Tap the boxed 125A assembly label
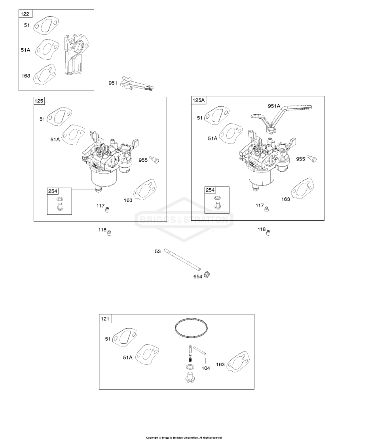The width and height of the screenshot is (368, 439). click(x=199, y=100)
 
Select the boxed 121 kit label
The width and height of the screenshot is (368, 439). click(x=105, y=319)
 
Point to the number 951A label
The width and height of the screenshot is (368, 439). click(x=274, y=106)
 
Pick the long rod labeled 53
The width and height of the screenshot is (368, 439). click(x=182, y=259)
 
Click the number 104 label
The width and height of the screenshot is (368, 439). click(x=206, y=368)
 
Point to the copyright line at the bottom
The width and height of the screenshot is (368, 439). click(x=184, y=437)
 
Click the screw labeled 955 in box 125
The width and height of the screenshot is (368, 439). click(x=154, y=159)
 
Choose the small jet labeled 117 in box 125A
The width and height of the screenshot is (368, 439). click(x=267, y=208)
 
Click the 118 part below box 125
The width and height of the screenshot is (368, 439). click(x=109, y=233)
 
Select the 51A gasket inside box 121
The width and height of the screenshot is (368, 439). click(x=147, y=354)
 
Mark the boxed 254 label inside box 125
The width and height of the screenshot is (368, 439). click(x=53, y=191)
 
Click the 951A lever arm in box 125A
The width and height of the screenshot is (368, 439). click(x=280, y=119)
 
